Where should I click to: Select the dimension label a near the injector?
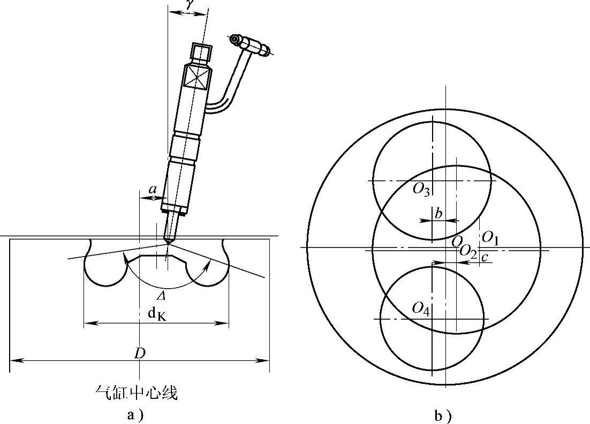coord(153,189)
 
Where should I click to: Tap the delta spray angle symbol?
coord(161,296)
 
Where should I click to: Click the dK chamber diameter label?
coord(157,313)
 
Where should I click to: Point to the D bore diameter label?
coord(140,353)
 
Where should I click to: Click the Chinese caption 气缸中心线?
coord(136,393)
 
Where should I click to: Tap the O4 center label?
coord(421,309)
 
